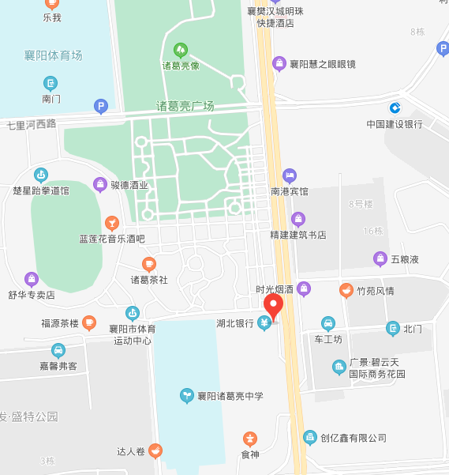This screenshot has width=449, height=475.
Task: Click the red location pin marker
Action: point(273,306)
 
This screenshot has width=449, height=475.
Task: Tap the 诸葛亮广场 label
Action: point(185,106)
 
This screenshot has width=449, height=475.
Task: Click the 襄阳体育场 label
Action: point(53,55)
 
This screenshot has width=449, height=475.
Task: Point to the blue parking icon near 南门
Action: point(100,105)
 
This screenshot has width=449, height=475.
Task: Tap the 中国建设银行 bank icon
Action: point(395,107)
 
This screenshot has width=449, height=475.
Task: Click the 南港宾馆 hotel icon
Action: point(290,175)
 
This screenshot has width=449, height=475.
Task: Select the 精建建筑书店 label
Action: point(297,235)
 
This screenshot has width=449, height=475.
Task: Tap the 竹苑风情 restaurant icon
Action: point(346,290)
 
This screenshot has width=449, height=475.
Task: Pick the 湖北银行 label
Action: point(234,323)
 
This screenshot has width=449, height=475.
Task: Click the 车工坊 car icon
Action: point(328,322)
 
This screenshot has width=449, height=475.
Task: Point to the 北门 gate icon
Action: point(392,328)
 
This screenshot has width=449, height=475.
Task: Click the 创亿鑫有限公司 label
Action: point(353,437)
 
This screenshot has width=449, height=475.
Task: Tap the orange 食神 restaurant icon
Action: point(250,438)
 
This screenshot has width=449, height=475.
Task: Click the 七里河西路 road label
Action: point(32,125)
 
